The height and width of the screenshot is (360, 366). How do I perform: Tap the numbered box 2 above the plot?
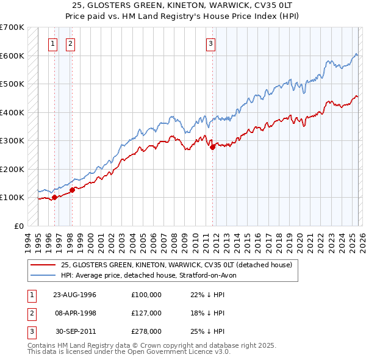71,43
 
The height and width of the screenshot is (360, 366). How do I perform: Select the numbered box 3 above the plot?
210,43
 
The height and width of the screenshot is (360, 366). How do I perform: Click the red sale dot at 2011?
212,146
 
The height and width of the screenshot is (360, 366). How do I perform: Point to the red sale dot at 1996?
54,197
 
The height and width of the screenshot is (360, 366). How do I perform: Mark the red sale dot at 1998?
72,189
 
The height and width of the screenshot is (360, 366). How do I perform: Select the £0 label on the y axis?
19,226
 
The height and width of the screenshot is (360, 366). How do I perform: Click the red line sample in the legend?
43,265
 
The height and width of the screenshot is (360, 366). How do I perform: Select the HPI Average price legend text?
152,275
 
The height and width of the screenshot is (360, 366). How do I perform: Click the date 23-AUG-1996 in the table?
75,295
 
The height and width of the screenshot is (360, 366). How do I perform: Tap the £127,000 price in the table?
146,313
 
